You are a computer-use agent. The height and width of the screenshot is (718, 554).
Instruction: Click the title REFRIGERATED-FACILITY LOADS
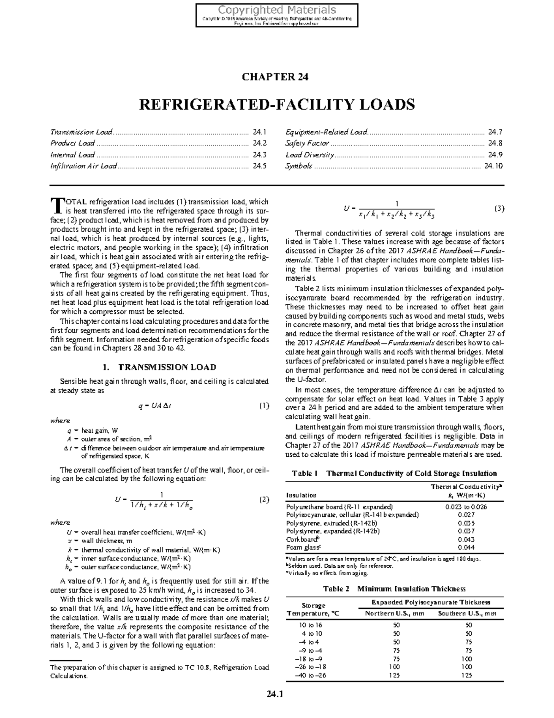click(x=277, y=104)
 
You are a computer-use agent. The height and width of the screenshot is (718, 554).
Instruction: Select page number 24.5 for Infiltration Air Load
click(x=259, y=166)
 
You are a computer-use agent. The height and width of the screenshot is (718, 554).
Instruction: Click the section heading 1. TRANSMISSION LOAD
click(x=159, y=368)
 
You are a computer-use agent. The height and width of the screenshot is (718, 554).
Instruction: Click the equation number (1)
click(x=263, y=406)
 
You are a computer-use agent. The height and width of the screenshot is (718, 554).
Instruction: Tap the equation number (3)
click(x=499, y=209)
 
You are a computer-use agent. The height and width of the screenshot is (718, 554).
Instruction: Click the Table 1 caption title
click(x=394, y=473)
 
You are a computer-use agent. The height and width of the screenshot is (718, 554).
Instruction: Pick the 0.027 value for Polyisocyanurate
click(x=466, y=515)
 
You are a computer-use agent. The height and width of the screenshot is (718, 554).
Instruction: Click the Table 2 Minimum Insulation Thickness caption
click(x=394, y=589)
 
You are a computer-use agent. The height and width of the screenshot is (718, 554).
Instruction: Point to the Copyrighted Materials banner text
click(x=277, y=10)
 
